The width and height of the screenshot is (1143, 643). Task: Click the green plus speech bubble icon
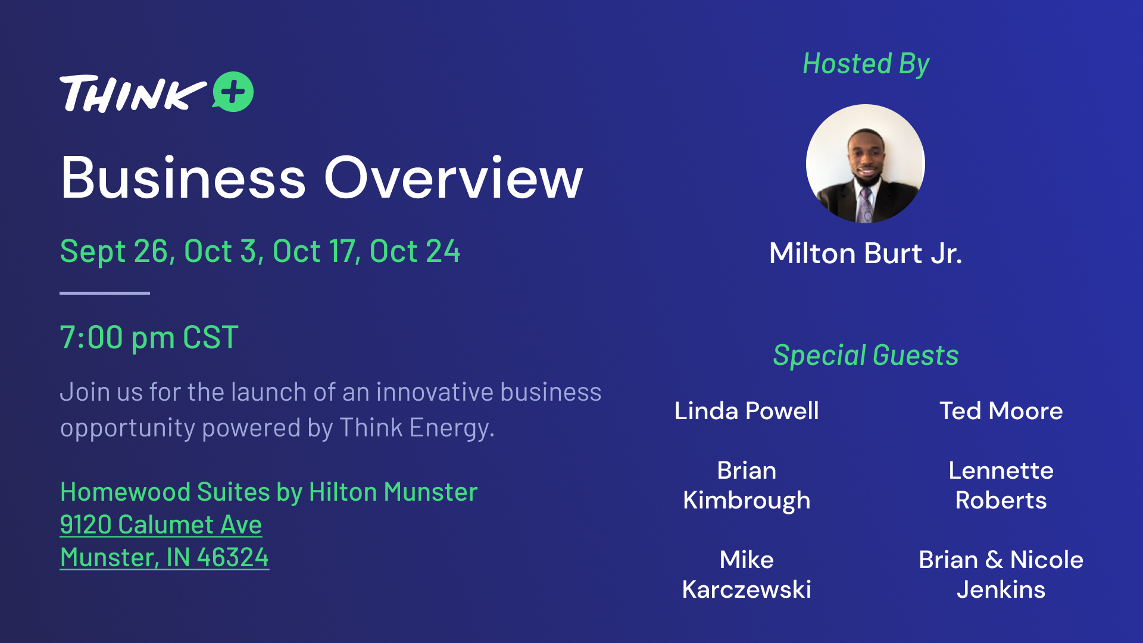click(233, 92)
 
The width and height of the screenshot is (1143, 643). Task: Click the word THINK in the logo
click(133, 93)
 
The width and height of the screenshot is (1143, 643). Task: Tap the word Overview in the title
click(453, 177)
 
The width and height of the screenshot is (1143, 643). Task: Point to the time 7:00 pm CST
click(149, 338)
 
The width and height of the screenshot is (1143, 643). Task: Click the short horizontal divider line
click(105, 293)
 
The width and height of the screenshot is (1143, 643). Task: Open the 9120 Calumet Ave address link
click(161, 525)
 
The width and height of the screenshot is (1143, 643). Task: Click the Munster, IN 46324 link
click(164, 558)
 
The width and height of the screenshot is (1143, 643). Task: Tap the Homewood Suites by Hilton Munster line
click(269, 492)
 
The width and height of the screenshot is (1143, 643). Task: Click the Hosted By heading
click(866, 64)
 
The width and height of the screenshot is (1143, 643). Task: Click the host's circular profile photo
click(866, 164)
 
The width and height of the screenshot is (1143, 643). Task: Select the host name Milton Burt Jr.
click(866, 253)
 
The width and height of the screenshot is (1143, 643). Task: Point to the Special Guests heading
click(866, 355)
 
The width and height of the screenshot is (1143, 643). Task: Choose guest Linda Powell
click(747, 411)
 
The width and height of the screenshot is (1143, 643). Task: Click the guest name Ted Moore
click(1001, 411)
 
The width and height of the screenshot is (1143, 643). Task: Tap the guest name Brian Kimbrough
click(747, 485)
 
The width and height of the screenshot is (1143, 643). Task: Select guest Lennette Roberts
click(1001, 485)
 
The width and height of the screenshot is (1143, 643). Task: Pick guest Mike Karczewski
click(747, 575)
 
